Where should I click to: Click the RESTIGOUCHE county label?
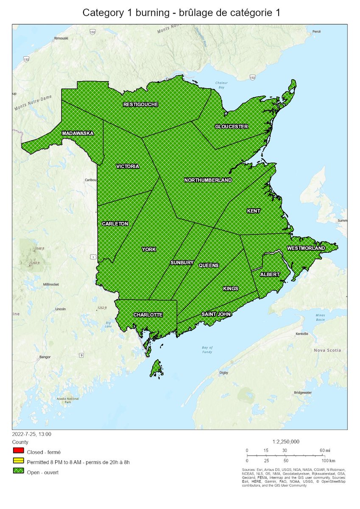[140, 104]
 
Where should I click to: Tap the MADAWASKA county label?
[78, 133]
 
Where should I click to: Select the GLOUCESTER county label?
[231, 126]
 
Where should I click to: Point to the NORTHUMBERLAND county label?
[208, 180]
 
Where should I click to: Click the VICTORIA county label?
[127, 167]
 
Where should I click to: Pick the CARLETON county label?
[115, 224]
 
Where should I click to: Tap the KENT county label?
[254, 211]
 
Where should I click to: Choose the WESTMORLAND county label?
[306, 248]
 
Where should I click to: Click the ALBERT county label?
[270, 274]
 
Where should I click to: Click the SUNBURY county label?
[182, 263]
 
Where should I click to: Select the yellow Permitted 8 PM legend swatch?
[18, 462]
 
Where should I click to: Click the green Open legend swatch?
[18, 472]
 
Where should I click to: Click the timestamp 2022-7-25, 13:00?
[32, 434]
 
